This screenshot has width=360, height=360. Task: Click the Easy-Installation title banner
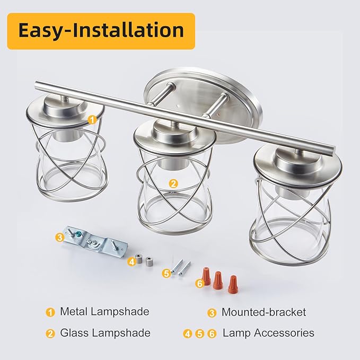(101, 31)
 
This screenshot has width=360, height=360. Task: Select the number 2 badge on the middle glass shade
(173, 183)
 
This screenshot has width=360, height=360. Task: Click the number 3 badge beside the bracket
(60, 238)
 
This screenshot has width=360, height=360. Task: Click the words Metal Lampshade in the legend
(104, 312)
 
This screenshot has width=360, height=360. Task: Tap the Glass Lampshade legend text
(105, 333)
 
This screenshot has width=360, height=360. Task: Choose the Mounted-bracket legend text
(264, 312)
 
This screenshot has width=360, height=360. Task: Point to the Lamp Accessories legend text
(268, 333)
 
